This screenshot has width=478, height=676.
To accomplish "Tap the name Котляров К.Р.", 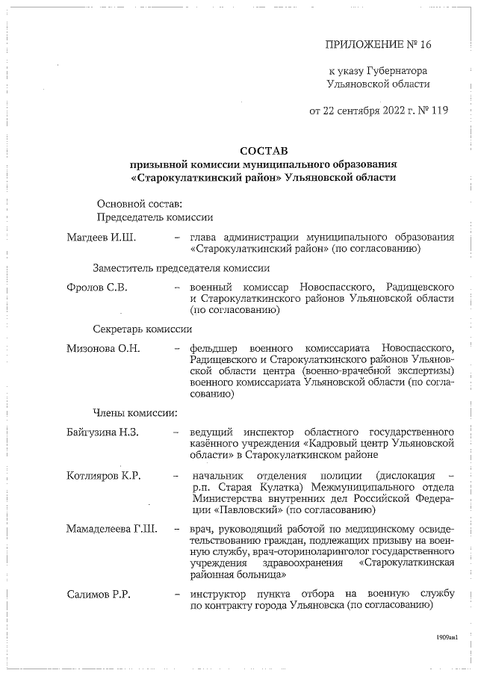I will (103, 476).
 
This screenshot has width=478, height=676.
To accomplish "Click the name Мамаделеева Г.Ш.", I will (111, 530).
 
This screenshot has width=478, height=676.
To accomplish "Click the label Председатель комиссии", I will (155, 217).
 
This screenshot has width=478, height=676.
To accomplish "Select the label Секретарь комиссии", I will (143, 329).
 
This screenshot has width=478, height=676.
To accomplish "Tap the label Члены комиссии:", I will (134, 412).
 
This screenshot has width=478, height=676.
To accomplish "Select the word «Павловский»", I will (249, 510).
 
